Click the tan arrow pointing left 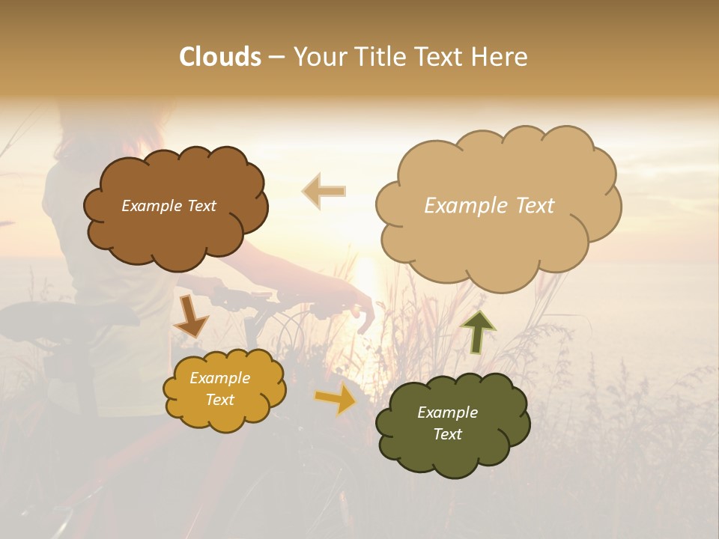[x=324, y=192]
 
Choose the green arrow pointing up [x=478, y=332]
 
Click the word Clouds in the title [x=220, y=57]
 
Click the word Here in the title [x=500, y=57]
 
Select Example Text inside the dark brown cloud [x=169, y=206]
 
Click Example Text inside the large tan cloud [x=489, y=206]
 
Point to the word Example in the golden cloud [x=219, y=378]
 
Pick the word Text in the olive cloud [x=447, y=434]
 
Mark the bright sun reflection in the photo [x=365, y=281]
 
